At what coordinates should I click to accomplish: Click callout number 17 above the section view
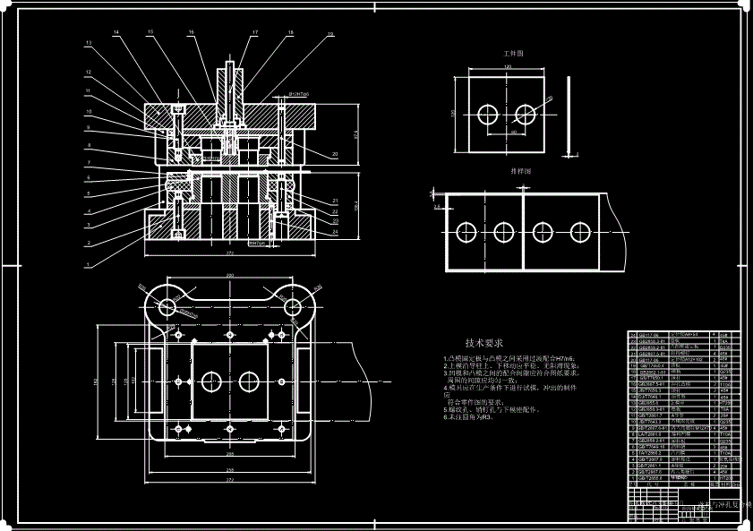tap(254, 33)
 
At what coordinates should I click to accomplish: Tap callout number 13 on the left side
tap(89, 43)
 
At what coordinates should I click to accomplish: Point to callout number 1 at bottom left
tap(89, 265)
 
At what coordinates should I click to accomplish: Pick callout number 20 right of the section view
tap(334, 155)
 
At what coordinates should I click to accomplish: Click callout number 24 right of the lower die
tap(334, 232)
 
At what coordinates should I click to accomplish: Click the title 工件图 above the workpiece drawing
tap(513, 54)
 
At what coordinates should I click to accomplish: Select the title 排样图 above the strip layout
tap(520, 170)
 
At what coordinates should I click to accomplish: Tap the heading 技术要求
tap(483, 343)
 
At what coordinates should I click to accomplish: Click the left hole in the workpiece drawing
tap(488, 114)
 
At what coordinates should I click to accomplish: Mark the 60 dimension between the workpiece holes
tap(514, 133)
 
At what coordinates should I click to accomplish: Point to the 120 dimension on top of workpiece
tap(507, 68)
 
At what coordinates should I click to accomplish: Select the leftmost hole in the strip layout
tap(466, 232)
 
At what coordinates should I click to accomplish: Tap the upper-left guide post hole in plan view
tap(167, 306)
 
